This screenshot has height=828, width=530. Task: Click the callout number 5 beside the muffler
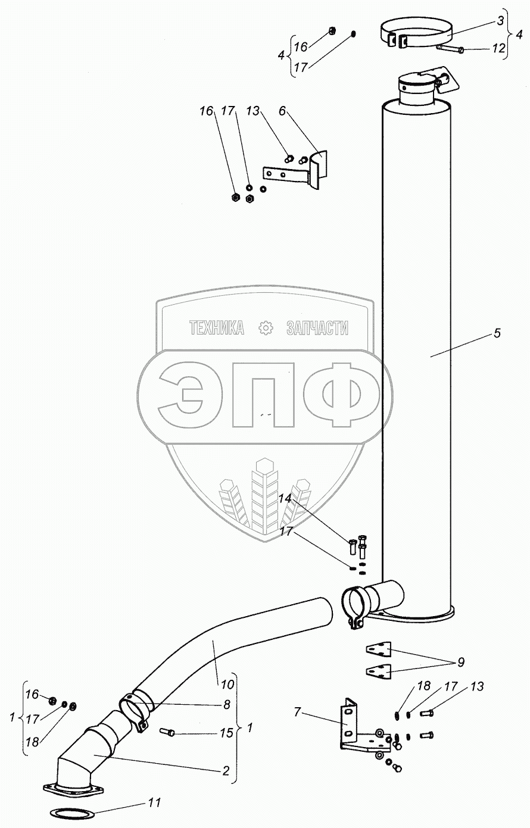pyautogui.click(x=497, y=333)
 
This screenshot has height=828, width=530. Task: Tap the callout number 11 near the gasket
pyautogui.click(x=155, y=803)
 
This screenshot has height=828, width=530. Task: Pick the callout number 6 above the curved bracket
pyautogui.click(x=282, y=111)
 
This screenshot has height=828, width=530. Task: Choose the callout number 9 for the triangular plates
pyautogui.click(x=461, y=661)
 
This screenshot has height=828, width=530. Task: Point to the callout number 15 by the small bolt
pyautogui.click(x=226, y=733)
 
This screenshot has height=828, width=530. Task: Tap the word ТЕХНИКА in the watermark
pyautogui.click(x=217, y=327)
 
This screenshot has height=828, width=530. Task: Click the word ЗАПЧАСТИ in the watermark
pyautogui.click(x=317, y=327)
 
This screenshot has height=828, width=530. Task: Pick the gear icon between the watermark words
pyautogui.click(x=265, y=327)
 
